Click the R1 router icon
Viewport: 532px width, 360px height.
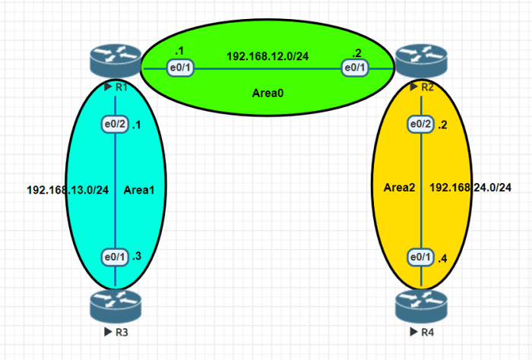coord(116,61)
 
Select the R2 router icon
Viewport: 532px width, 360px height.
coord(421,61)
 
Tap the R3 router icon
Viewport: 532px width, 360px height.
coord(116,306)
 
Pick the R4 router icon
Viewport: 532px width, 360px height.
coord(421,306)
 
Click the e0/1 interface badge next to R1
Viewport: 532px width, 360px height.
coord(180,68)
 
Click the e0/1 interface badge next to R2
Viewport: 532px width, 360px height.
coord(355,68)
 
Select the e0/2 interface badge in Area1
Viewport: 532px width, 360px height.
coord(115,125)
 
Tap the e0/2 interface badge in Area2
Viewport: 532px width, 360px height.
coord(421,125)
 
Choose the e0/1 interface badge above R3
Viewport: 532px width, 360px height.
coord(115,257)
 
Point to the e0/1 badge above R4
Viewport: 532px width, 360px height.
coord(421,257)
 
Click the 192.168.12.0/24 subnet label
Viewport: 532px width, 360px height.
coord(268,56)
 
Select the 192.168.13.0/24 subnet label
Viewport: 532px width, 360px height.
coord(68,190)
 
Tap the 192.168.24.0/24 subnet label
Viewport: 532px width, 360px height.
coord(470,188)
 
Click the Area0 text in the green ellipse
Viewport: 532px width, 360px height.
coord(268,93)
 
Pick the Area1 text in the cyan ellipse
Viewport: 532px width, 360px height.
coord(139,190)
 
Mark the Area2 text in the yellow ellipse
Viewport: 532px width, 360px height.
coord(399,188)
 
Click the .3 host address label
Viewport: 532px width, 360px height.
coord(137,256)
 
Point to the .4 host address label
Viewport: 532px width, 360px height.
coord(442,259)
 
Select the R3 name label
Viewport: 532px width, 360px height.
coord(116,332)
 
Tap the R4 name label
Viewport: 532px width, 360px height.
coord(422,332)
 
